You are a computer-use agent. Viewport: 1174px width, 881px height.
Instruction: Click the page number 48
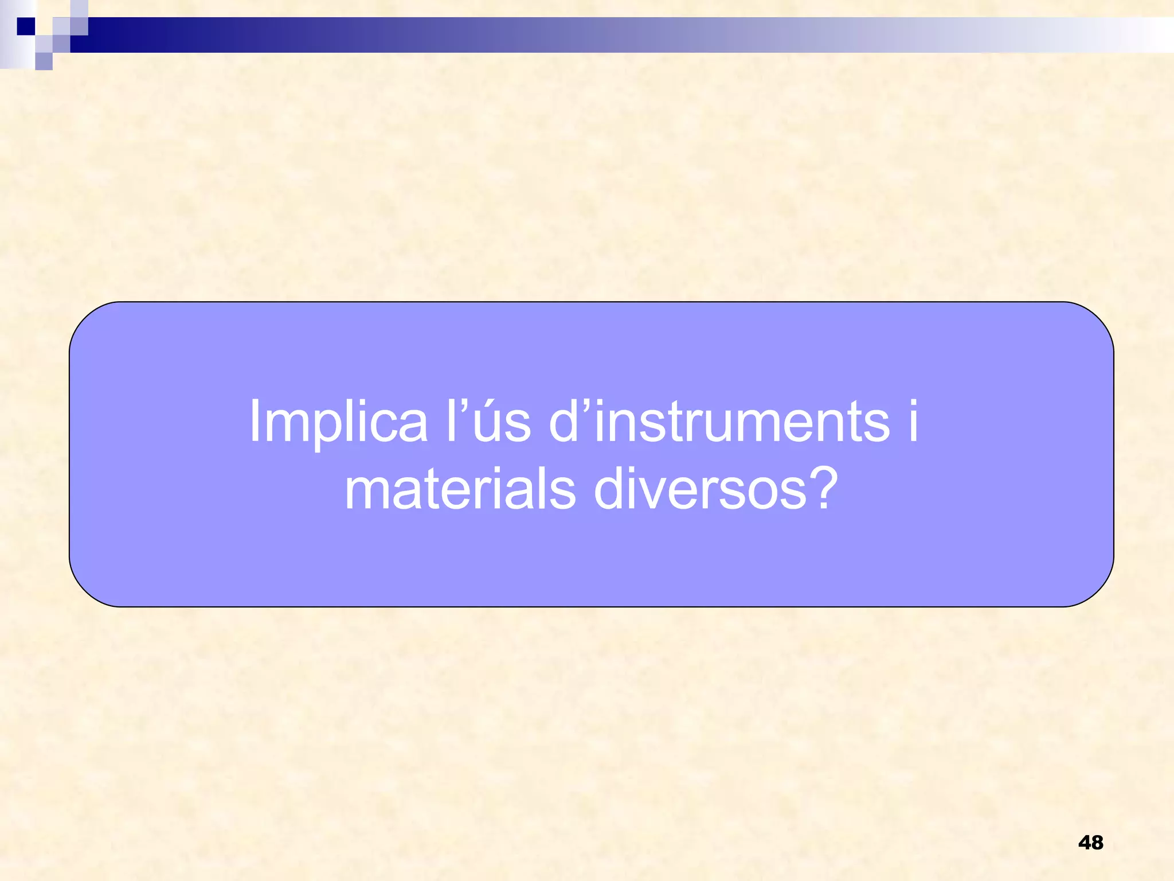tap(1090, 843)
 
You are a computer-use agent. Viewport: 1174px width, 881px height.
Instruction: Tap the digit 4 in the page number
tap(1084, 843)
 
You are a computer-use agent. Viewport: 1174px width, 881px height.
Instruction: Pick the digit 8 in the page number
tap(1097, 843)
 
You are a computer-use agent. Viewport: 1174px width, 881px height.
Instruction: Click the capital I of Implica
tap(254, 422)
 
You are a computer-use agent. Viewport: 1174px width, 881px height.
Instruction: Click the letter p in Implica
tap(327, 429)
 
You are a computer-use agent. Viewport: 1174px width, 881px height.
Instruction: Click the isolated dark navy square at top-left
tap(25, 26)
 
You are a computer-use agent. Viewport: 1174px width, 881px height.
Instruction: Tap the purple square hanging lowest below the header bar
tap(44, 61)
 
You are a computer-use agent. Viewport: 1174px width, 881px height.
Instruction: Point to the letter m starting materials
tap(369, 492)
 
